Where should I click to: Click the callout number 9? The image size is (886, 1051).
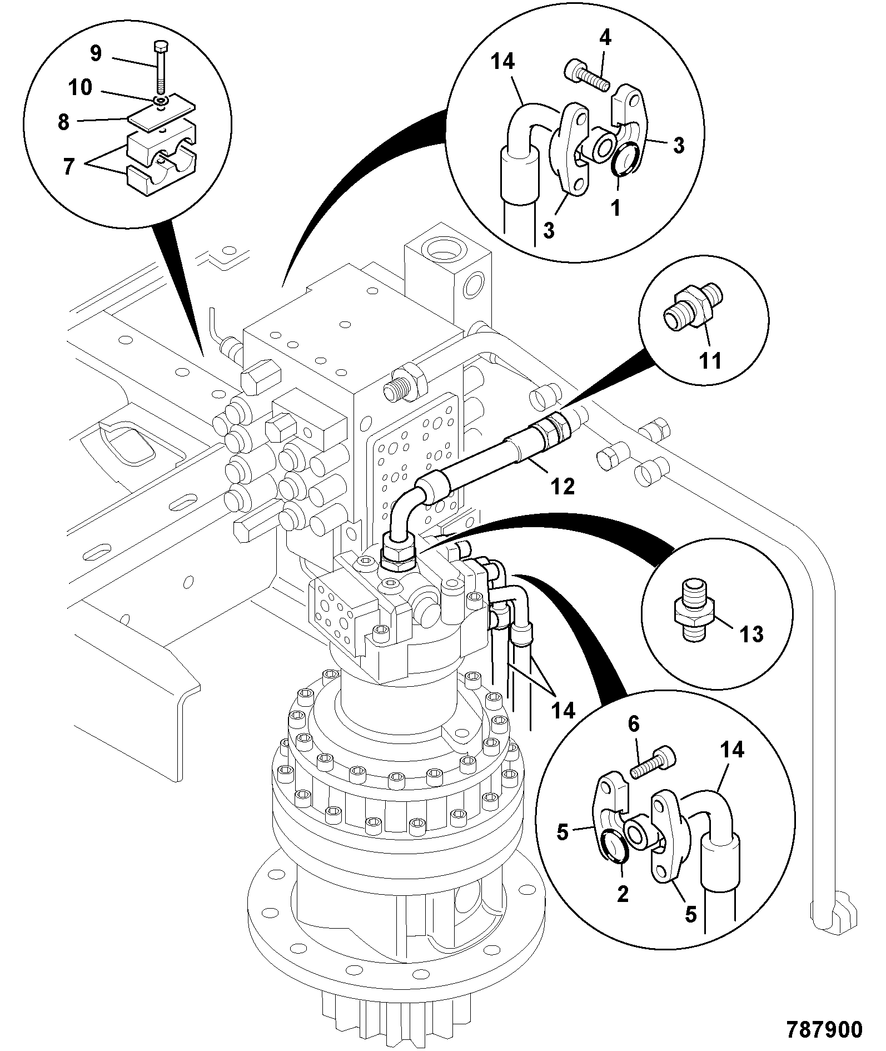96,53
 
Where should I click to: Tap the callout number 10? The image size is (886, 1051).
81,88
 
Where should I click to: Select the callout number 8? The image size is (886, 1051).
64,122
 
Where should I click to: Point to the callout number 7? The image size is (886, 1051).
68,167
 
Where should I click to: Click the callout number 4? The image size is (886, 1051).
605,38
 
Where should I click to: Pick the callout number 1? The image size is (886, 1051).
615,208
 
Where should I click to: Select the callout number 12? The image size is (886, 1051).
562,487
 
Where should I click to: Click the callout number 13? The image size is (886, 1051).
752,633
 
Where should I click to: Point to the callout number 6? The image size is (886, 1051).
634,724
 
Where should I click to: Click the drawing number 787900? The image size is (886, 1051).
824,1029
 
